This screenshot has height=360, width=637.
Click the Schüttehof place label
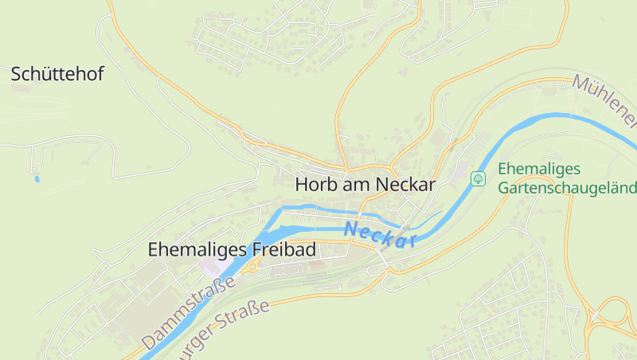coord(57,75)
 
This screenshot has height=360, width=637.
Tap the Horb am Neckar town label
coord(365,184)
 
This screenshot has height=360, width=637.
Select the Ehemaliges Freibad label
coord(232,249)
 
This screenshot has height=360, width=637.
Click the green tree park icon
coord(478,178)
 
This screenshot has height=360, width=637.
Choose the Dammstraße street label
coord(190,312)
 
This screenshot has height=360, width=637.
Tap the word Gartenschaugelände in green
coord(567,188)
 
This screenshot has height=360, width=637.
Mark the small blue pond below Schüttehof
coord(37,178)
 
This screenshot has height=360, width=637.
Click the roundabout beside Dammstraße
coord(252,268)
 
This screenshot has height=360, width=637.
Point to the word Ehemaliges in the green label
coord(540,169)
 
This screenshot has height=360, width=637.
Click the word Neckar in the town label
coord(405,184)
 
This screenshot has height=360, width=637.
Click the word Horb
coord(312,184)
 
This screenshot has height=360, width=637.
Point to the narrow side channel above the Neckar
coord(318,209)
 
